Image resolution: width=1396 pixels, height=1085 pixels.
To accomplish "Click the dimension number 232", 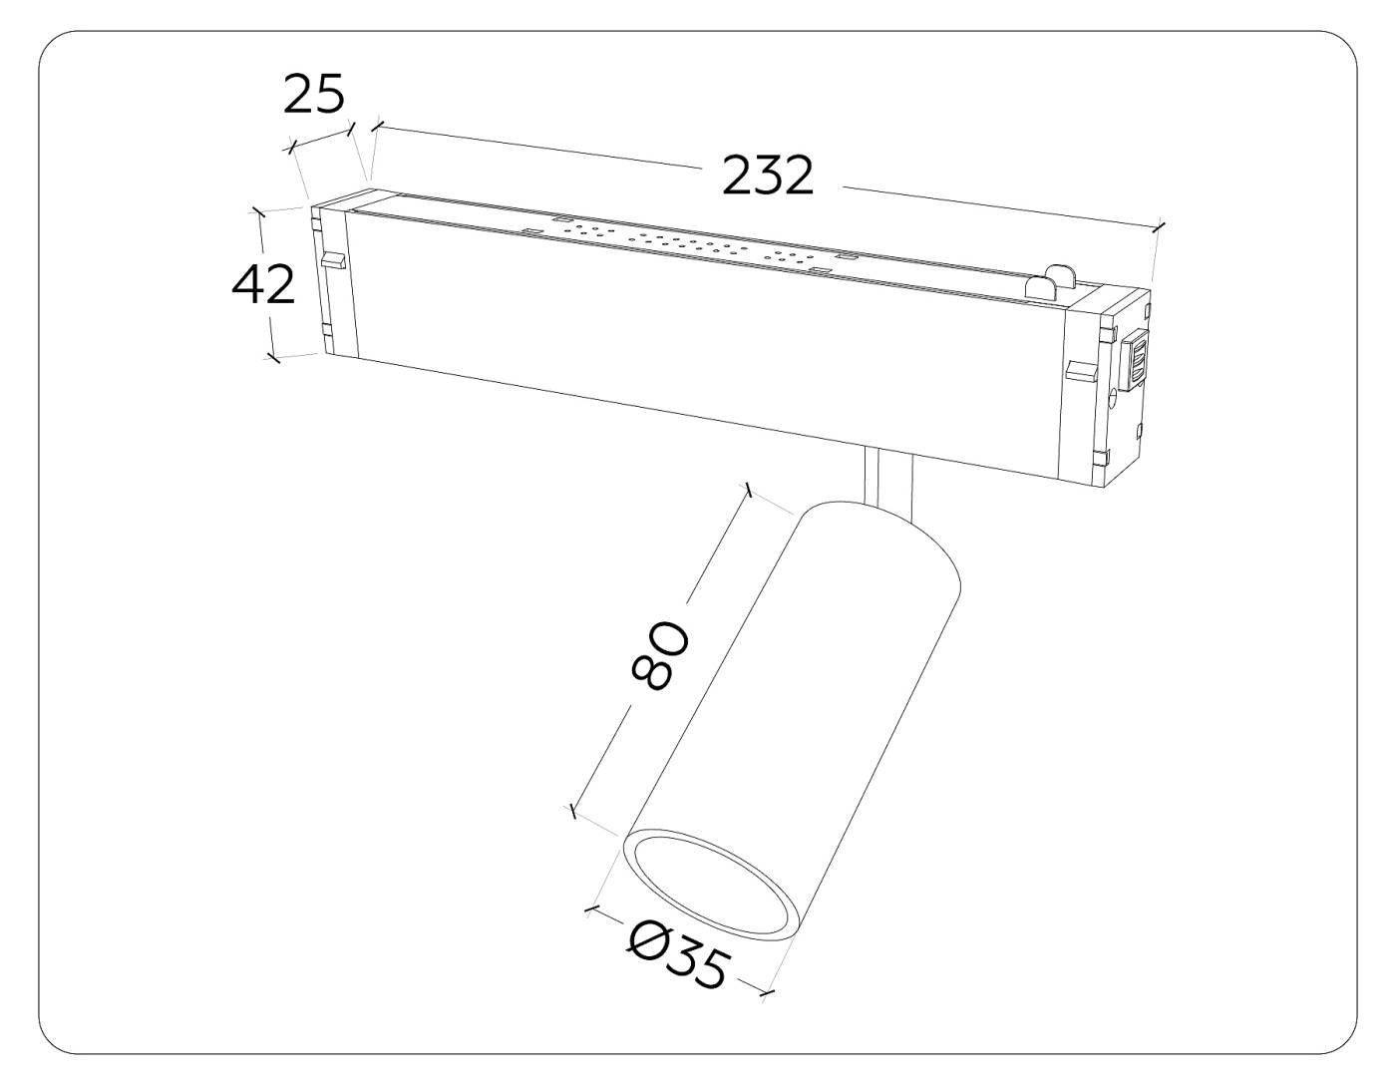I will pos(768,178).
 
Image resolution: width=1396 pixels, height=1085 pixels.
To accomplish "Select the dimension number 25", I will pos(314,96).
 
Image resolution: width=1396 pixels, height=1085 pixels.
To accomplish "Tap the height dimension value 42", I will pos(263,286).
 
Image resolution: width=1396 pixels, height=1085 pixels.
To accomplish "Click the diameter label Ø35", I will pos(680,954).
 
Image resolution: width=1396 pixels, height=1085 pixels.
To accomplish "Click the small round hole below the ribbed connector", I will pos(1113,406).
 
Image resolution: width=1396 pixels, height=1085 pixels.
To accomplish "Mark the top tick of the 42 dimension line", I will pos(258,211).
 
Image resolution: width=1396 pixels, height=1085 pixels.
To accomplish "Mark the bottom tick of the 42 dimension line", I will pos(272,357).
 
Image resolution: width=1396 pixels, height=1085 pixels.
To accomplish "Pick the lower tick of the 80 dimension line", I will pos(572,812).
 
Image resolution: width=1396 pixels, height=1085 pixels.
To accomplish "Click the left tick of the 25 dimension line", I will pos(290,149).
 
